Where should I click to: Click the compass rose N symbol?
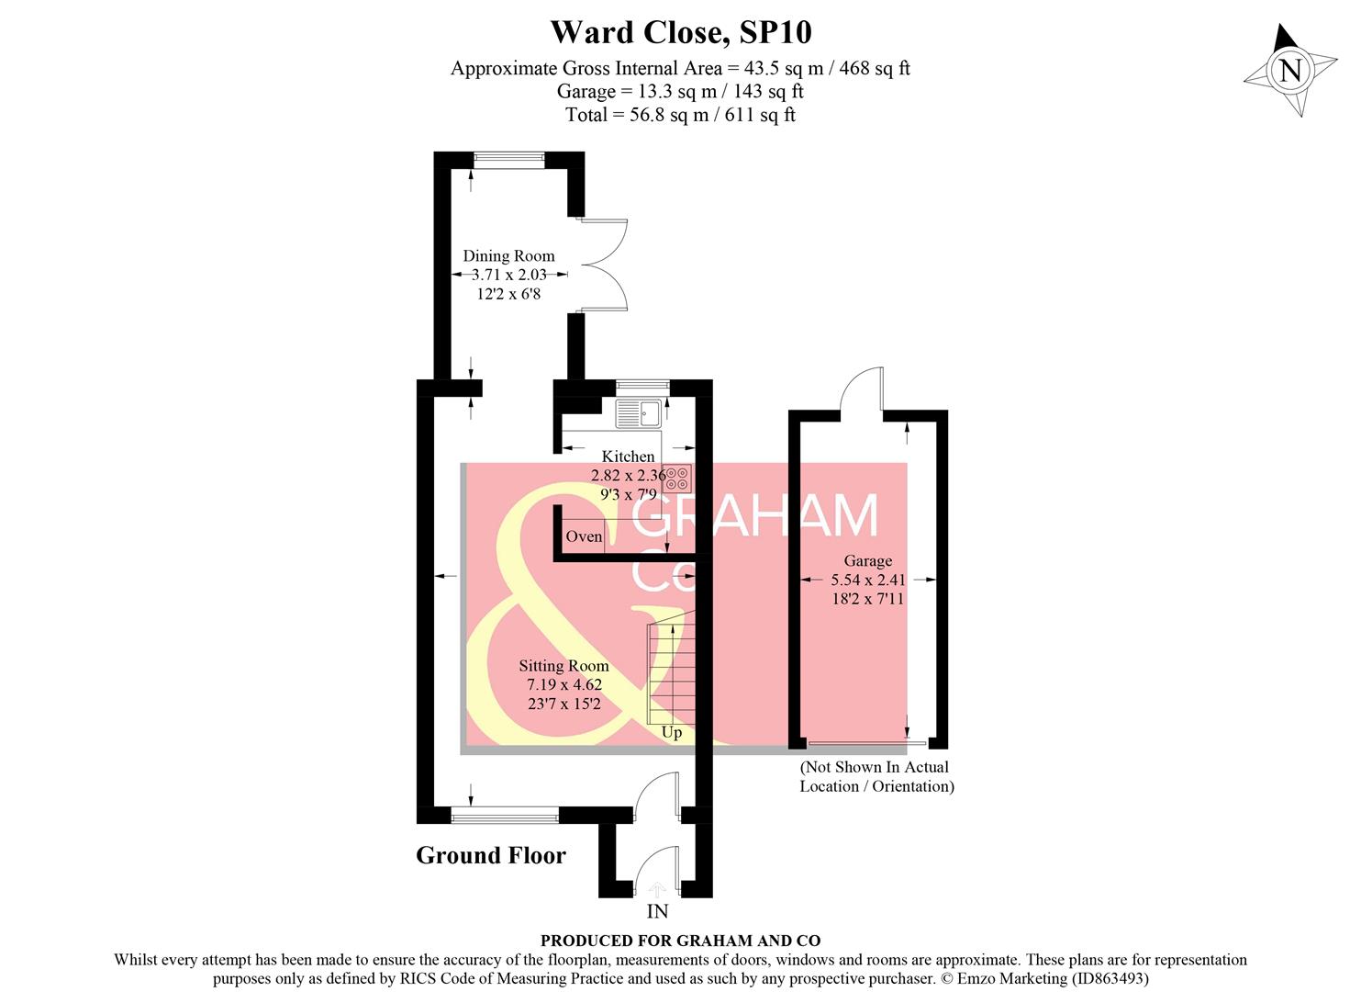pos(1290,71)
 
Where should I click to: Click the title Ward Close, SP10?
pos(680,32)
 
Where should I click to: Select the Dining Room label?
pos(508,256)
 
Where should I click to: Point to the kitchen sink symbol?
pos(639,413)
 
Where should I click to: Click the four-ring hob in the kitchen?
pos(677,479)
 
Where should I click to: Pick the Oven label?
pos(584,536)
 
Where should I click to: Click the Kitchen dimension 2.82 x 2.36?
pos(628,476)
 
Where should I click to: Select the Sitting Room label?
pos(563,666)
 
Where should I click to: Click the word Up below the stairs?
pos(672,732)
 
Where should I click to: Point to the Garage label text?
pos(867,560)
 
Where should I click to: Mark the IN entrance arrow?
pos(657,890)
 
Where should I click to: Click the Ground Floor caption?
pos(491,855)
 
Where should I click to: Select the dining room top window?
pos(508,160)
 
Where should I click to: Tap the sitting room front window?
pos(505,814)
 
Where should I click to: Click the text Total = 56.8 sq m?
pos(680,115)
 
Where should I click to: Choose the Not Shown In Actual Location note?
pos(876,776)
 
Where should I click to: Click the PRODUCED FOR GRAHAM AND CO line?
pos(680,941)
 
